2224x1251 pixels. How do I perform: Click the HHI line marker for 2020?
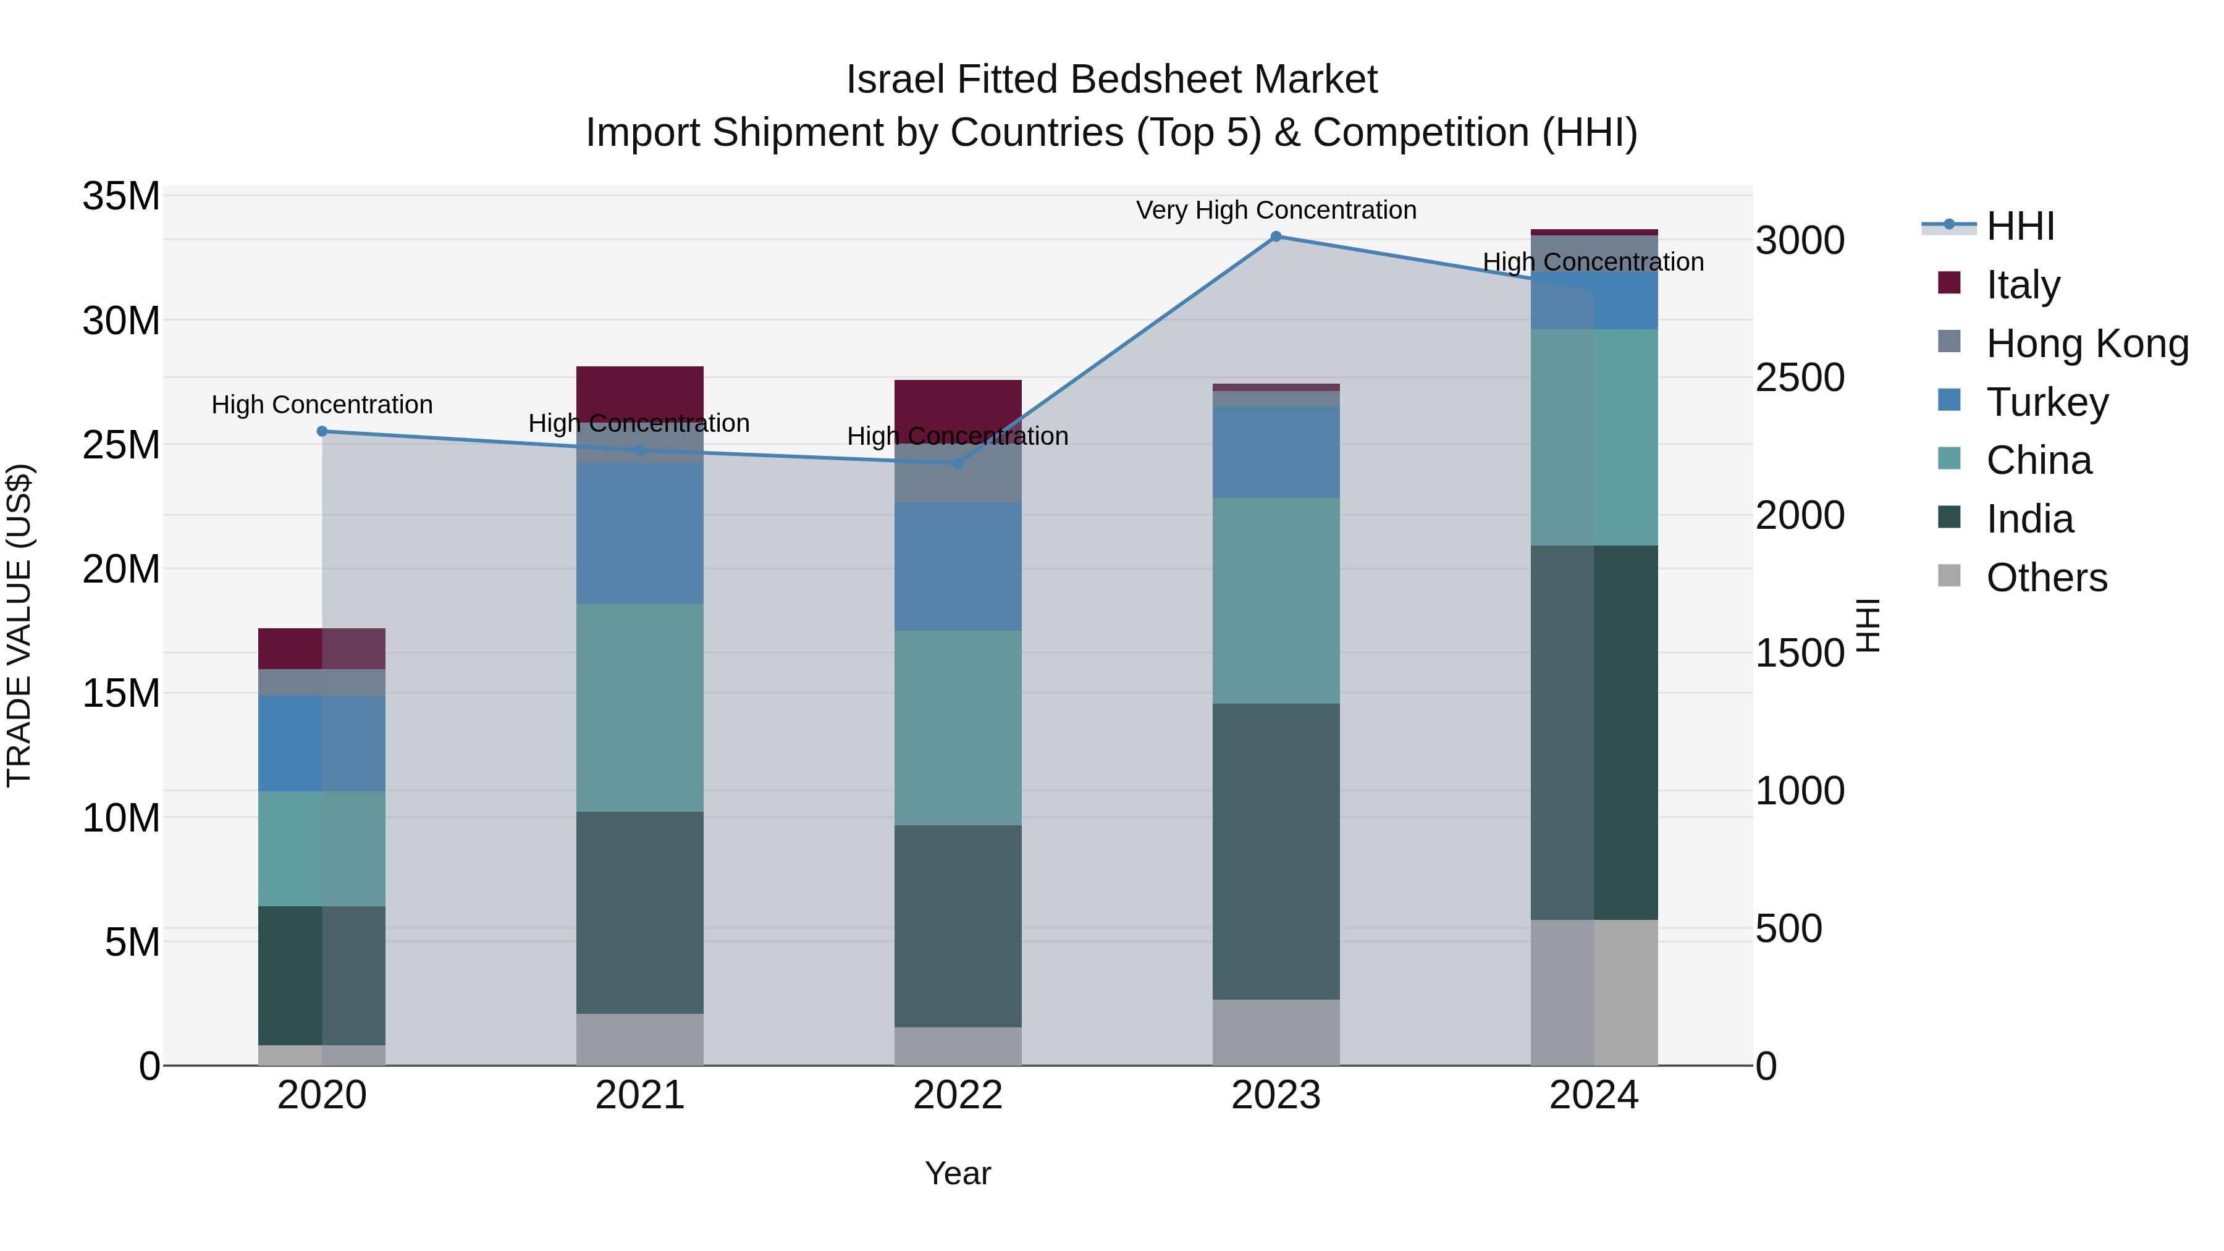point(322,431)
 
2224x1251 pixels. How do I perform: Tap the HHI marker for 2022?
point(958,463)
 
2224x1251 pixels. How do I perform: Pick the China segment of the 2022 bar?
point(958,727)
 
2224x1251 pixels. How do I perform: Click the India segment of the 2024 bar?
point(1594,732)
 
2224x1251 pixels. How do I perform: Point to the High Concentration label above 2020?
point(322,404)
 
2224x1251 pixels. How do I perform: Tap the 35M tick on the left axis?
point(121,196)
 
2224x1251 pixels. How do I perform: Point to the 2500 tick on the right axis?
point(1800,377)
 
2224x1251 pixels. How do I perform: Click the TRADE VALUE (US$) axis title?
point(19,625)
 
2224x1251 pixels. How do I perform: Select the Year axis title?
point(958,1173)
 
